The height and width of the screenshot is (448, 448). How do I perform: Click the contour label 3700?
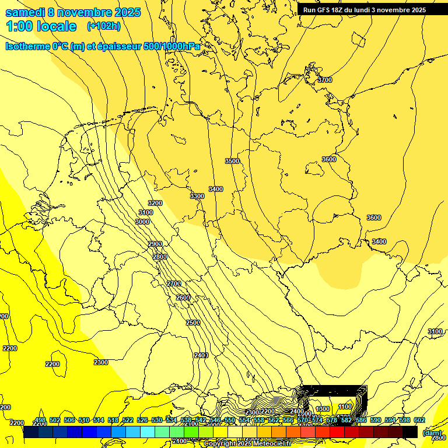click(325, 80)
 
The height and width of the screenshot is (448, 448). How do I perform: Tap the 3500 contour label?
click(232, 161)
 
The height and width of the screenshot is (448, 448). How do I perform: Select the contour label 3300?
click(197, 196)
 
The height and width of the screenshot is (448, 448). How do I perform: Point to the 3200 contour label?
click(155, 203)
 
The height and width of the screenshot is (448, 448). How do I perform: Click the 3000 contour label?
click(142, 222)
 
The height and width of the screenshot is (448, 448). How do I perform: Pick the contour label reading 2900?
click(155, 244)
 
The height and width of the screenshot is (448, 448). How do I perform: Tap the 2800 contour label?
click(160, 257)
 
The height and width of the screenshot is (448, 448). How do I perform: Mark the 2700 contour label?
click(174, 283)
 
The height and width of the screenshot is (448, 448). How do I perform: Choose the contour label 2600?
click(183, 297)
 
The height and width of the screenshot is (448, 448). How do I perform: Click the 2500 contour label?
click(193, 323)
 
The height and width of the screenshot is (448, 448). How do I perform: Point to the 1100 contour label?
click(345, 407)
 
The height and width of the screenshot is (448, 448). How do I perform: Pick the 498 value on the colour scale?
click(40, 420)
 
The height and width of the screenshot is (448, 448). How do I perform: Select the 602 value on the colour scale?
click(419, 420)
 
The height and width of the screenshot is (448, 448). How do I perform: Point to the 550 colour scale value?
click(230, 420)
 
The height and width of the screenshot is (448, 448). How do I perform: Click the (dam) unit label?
click(432, 433)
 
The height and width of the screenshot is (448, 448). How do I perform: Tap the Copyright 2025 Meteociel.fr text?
click(247, 444)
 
